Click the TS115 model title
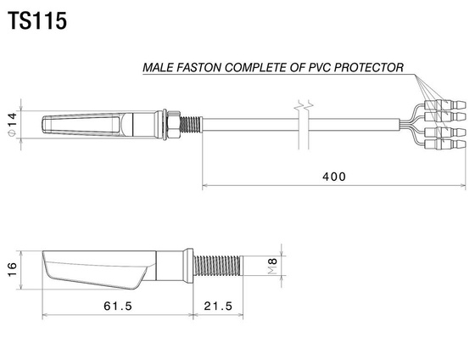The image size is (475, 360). point(37,21)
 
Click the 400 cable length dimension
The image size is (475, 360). point(334,177)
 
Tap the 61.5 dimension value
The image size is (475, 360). point(118,306)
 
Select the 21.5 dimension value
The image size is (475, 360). point(218,306)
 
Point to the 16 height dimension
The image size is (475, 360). point(12,270)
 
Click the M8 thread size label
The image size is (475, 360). point(272,267)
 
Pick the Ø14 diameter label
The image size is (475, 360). point(12,124)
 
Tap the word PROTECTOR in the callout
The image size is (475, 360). point(369,67)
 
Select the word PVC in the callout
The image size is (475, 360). point(320,67)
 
